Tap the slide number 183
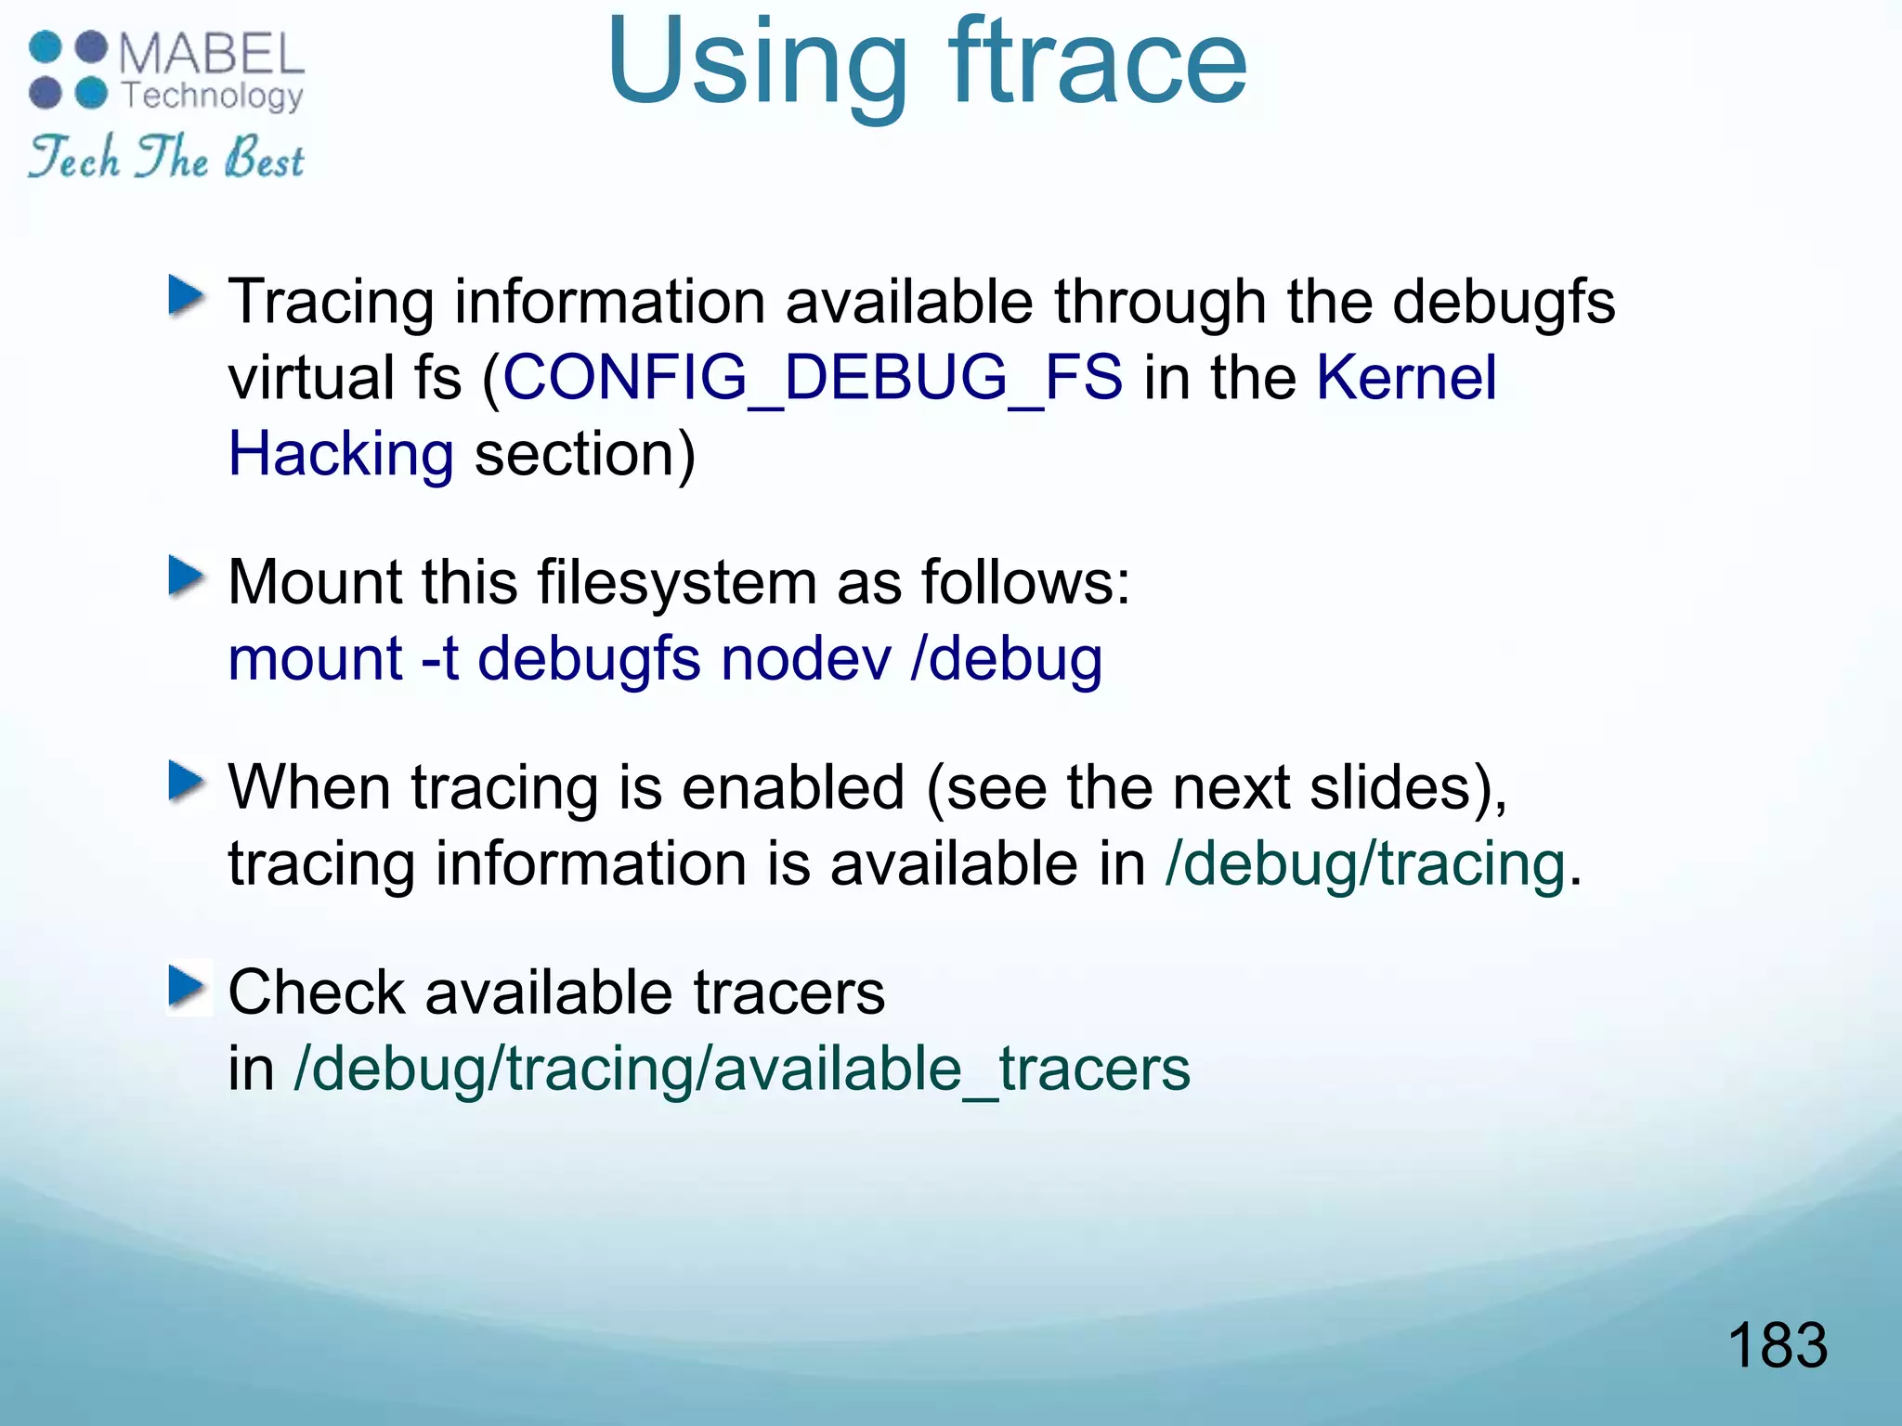pyautogui.click(x=1777, y=1344)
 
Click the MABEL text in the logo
pyautogui.click(x=212, y=54)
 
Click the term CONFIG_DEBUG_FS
pyautogui.click(x=813, y=378)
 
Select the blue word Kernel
pyautogui.click(x=1406, y=378)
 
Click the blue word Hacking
pyautogui.click(x=341, y=454)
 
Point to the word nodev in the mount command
pyautogui.click(x=805, y=659)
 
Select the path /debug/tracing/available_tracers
pyautogui.click(x=741, y=1069)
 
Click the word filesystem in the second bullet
pyautogui.click(x=677, y=583)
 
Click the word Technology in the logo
pyautogui.click(x=212, y=96)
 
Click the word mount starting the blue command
pyautogui.click(x=315, y=659)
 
